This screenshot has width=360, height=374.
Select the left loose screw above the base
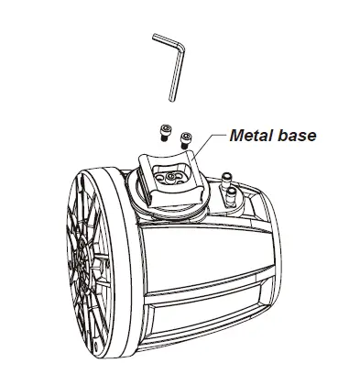click(x=166, y=131)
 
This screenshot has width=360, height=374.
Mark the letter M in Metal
click(x=235, y=136)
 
